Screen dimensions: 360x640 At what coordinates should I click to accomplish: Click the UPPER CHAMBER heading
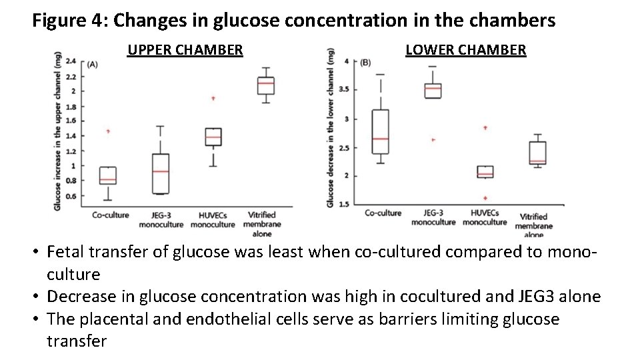click(x=185, y=49)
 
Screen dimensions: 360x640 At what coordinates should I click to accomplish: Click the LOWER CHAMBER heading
click(x=465, y=49)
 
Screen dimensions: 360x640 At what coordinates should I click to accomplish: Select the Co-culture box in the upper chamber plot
click(x=107, y=175)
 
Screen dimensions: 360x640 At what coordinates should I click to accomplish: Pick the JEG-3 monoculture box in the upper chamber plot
click(x=160, y=173)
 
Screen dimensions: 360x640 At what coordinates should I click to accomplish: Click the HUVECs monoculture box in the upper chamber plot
click(x=213, y=137)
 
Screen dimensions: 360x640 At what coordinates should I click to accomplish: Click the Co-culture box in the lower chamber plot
click(x=381, y=132)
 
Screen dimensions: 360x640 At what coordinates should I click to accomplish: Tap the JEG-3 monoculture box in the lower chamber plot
click(x=433, y=91)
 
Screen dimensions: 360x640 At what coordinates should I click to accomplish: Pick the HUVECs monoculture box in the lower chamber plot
click(x=485, y=172)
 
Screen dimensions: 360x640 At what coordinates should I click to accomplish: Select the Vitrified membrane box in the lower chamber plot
click(x=537, y=153)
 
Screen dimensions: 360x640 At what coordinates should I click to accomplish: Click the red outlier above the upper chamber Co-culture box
click(x=108, y=131)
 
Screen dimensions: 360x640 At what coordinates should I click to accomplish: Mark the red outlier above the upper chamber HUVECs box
click(x=213, y=98)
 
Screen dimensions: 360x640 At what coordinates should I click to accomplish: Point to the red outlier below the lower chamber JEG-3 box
click(x=433, y=140)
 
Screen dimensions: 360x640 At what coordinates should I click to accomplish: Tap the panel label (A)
click(x=92, y=65)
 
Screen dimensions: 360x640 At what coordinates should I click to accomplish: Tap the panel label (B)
click(x=365, y=63)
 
